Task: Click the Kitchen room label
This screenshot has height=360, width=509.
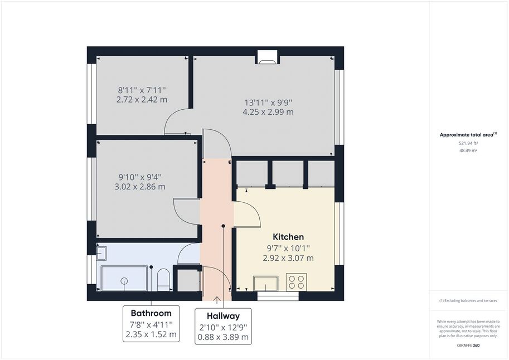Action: coord(288,237)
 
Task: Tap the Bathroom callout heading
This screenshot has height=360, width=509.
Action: coord(151,313)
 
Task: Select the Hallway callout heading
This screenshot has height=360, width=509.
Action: coord(224,316)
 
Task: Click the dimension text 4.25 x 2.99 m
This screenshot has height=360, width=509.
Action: coord(268,112)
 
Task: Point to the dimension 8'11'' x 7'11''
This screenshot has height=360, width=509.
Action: coord(142,90)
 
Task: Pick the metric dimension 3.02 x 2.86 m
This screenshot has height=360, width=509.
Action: coord(140,187)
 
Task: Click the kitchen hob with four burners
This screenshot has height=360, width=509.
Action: coord(297,282)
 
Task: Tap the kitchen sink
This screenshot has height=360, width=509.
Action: coord(266,284)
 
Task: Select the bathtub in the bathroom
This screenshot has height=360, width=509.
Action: coord(124,278)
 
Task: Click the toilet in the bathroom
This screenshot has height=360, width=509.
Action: coord(163,279)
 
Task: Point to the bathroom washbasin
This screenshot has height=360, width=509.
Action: coord(101,253)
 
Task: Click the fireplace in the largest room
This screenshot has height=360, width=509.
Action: coord(268,57)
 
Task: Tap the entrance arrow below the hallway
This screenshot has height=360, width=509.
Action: coord(216,300)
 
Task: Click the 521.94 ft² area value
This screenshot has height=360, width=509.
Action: coord(468,143)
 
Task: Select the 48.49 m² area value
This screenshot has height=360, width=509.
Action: coord(468,150)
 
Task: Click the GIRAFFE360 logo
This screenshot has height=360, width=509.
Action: coord(468,346)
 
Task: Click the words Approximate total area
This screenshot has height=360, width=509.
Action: coord(466,135)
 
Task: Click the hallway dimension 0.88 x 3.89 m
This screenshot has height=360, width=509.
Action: coord(224,337)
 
